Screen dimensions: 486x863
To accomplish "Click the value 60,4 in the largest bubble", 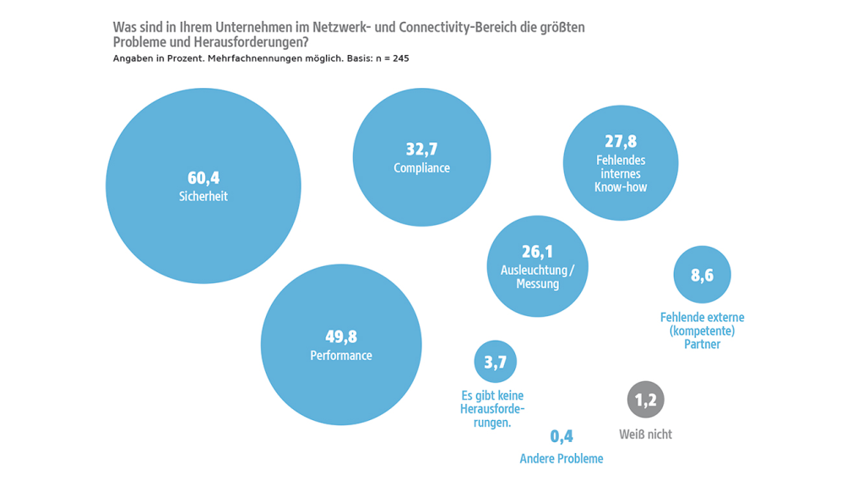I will [203, 177].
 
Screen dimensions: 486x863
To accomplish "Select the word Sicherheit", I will [203, 196].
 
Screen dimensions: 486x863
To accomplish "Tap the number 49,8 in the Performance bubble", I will [340, 337].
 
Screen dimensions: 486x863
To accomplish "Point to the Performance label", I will [340, 356].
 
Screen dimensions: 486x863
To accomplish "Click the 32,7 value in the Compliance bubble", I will [421, 150].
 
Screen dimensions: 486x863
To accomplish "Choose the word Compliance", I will [421, 168].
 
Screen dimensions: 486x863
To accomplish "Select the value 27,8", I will [620, 142].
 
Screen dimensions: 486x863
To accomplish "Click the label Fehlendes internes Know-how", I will [620, 173].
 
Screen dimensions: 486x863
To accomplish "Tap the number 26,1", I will [537, 252].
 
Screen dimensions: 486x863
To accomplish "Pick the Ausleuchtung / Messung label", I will [537, 276].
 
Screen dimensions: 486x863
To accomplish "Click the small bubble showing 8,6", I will [702, 275].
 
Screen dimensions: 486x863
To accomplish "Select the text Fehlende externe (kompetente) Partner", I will [702, 330].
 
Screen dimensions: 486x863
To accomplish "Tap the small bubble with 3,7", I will [495, 363].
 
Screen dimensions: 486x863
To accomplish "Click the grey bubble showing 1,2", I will [645, 401].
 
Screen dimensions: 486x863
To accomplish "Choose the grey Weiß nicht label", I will [645, 434].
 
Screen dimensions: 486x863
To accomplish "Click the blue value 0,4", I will [562, 437].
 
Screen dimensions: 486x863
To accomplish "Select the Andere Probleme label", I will [562, 459].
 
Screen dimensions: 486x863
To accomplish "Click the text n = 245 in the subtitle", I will [394, 58].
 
